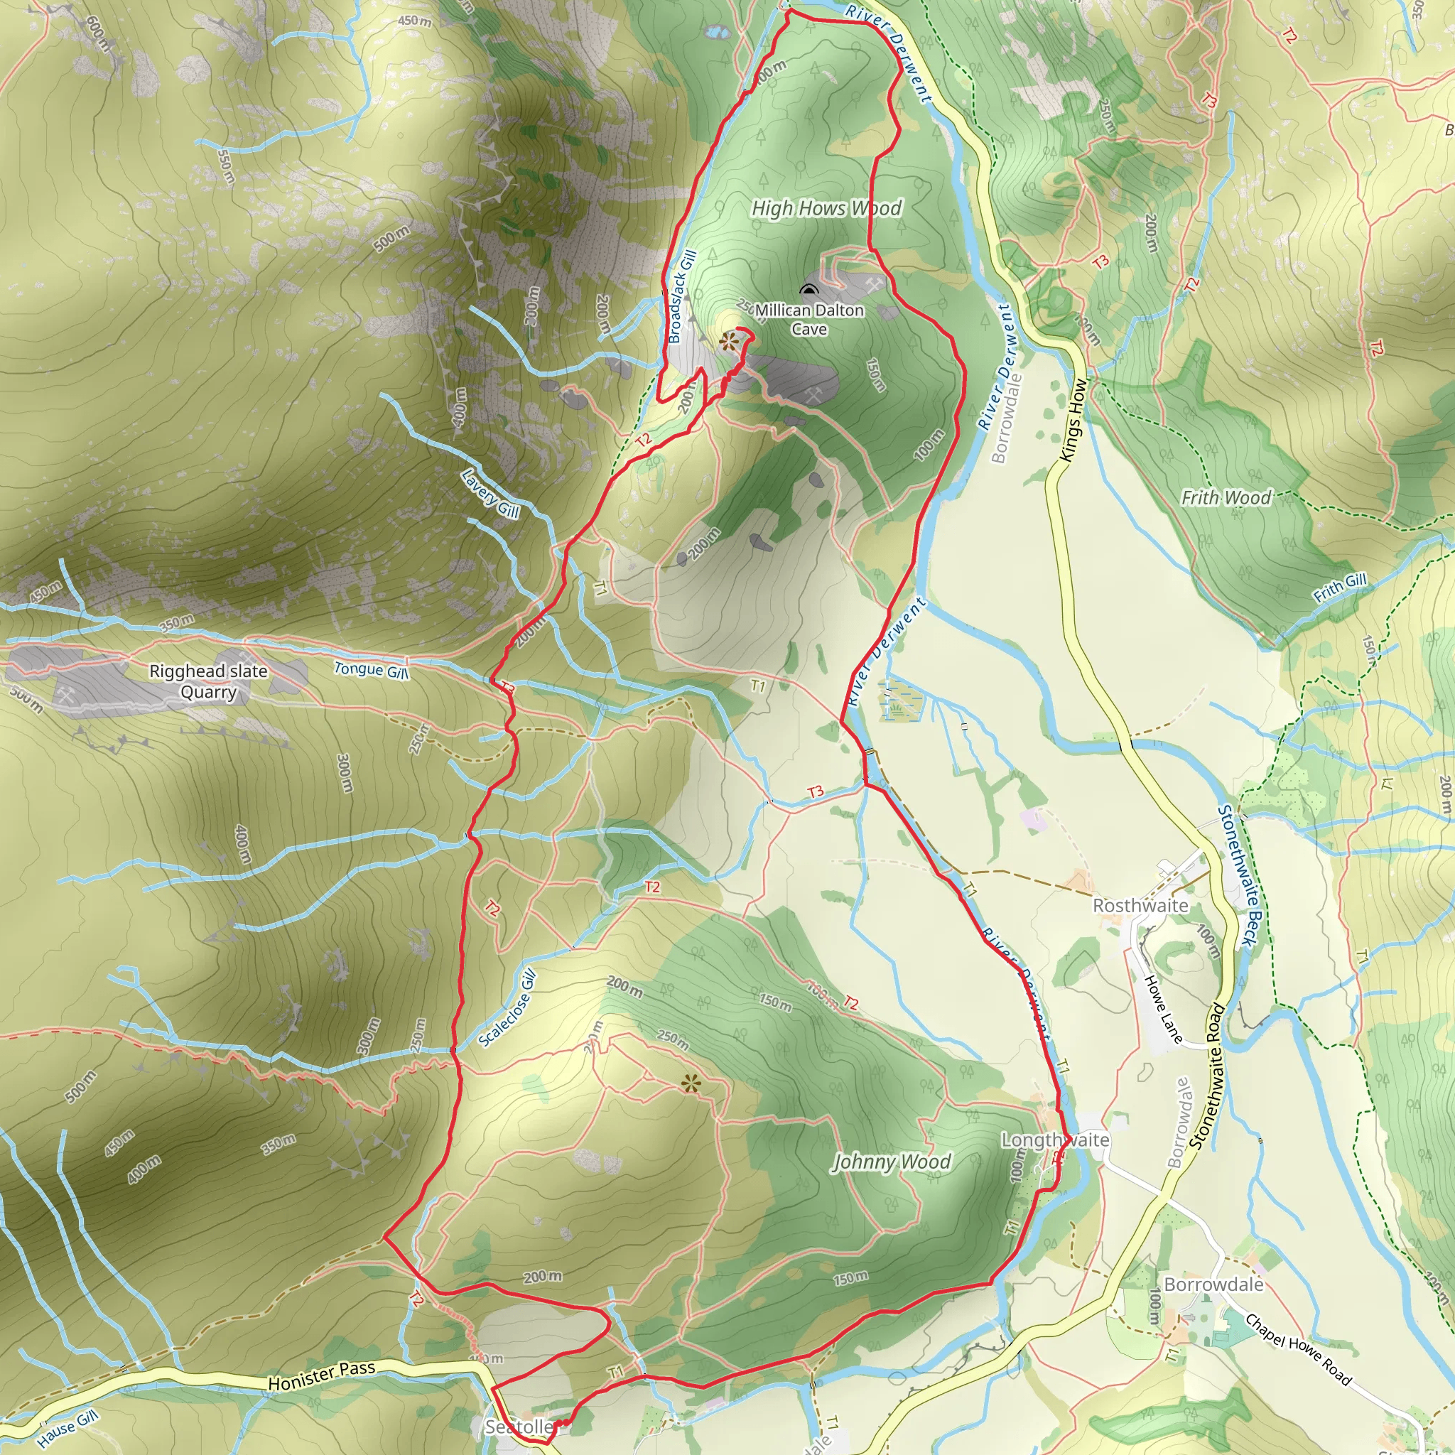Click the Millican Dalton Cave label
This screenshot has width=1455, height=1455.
810,319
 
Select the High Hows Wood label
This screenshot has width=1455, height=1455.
826,208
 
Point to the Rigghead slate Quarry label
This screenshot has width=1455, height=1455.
209,681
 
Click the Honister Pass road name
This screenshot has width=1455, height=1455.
322,1376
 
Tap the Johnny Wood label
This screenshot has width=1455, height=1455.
891,1162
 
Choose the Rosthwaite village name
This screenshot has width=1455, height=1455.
1140,905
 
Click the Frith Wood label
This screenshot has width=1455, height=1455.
1226,498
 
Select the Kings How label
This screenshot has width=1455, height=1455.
1074,419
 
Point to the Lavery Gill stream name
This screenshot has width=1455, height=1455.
490,493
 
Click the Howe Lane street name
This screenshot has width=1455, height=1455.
1164,1009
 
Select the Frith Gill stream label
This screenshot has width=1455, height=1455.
1340,588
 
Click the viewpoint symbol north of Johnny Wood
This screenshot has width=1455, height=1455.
690,1083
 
